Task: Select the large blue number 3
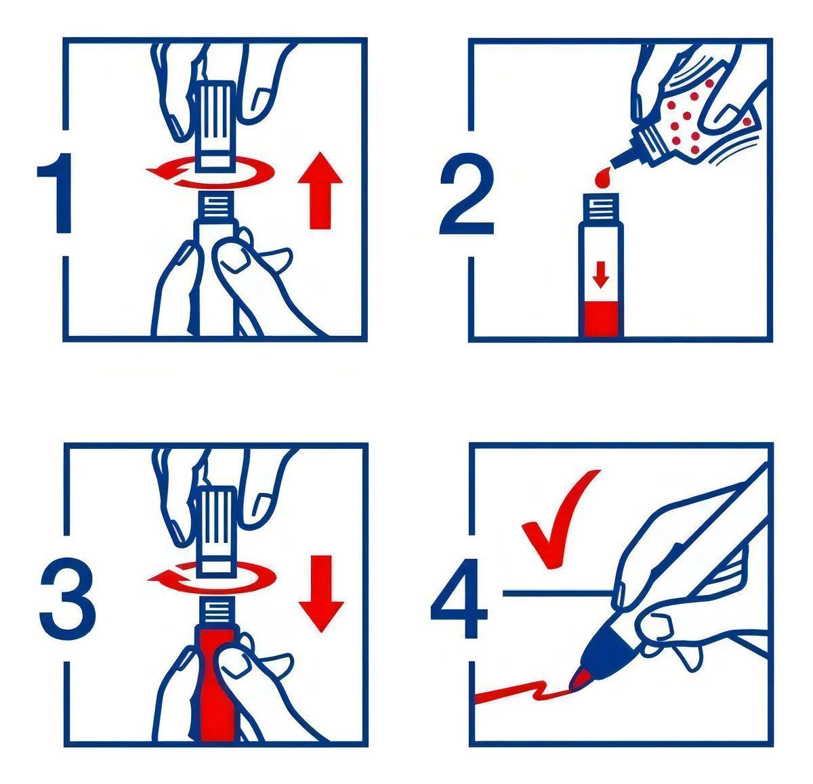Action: tap(67, 597)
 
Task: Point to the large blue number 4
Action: tap(459, 598)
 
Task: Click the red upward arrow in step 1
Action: tap(320, 190)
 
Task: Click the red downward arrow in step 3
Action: tap(321, 594)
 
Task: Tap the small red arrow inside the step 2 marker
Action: tap(601, 275)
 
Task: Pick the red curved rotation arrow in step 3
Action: tap(211, 578)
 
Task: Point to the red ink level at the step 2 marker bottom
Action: tap(600, 318)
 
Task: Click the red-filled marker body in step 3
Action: tap(217, 684)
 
